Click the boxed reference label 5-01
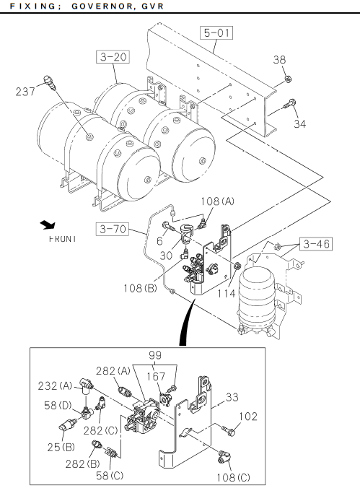click(216, 32)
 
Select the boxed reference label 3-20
click(113, 57)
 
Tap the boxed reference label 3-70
click(113, 229)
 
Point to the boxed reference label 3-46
click(316, 244)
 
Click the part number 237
click(25, 92)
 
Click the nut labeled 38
click(287, 79)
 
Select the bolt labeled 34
click(289, 104)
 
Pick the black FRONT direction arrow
click(48, 225)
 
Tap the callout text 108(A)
click(218, 201)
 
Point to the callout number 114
click(227, 293)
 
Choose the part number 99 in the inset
click(155, 355)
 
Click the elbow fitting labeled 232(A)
click(86, 383)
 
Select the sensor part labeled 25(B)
click(68, 424)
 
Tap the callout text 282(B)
click(82, 463)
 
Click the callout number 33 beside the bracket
click(232, 397)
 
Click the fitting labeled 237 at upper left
click(50, 82)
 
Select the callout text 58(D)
click(58, 405)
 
